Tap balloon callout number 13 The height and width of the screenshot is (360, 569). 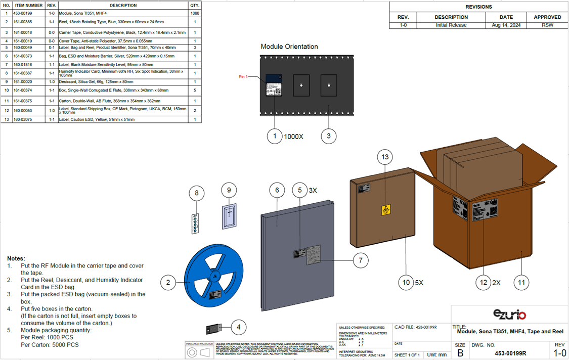tap(385, 157)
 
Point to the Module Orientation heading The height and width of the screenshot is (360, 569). tap(289, 47)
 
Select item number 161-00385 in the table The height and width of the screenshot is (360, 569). tap(29, 22)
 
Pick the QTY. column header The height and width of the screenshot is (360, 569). tap(195, 6)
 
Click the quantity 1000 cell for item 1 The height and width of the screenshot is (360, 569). tap(195, 13)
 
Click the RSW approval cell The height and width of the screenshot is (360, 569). tap(547, 25)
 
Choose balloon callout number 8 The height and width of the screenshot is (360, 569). tap(197, 193)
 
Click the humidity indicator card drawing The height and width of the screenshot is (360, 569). tap(195, 223)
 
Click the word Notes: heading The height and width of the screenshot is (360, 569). tap(16, 258)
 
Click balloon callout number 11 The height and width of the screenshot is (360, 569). tap(521, 282)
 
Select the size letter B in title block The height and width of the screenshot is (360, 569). tap(460, 353)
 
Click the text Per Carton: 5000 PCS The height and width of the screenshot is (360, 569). tap(50, 345)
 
